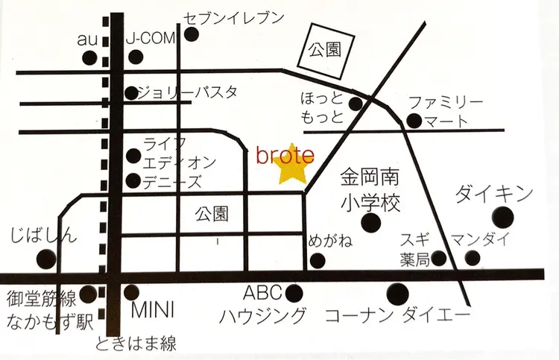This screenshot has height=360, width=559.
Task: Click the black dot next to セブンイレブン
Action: click(192, 34)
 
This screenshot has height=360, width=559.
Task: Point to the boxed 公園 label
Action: click(324, 51)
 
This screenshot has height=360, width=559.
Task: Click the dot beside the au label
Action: click(90, 57)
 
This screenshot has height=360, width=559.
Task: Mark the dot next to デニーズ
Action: click(133, 181)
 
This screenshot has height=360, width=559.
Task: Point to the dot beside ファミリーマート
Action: click(414, 120)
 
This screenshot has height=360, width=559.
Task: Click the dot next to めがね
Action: click(318, 260)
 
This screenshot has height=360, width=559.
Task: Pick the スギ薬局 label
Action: click(414, 249)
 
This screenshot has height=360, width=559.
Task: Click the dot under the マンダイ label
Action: click(473, 258)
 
